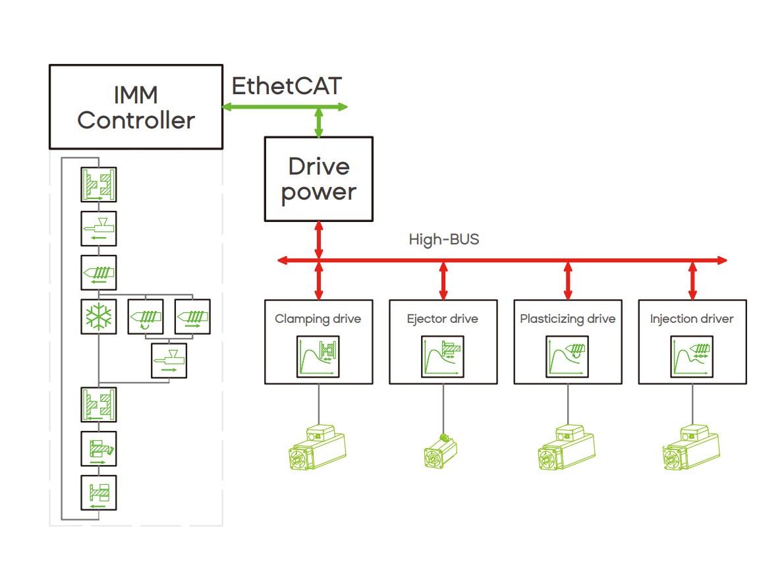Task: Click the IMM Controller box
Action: coord(136,107)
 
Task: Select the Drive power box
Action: coord(318,179)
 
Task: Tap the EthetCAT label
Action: coord(287,86)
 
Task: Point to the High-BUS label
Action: coord(444,239)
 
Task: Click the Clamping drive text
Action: coord(318,319)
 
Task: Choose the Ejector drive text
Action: coord(443,319)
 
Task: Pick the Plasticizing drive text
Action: coord(567,319)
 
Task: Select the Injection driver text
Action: coord(692,319)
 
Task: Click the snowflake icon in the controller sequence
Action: coord(98,317)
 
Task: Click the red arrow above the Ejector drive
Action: coord(443,280)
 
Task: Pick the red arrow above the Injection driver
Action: coord(692,280)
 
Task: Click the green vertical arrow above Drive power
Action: coord(319,123)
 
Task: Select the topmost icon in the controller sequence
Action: coord(98,184)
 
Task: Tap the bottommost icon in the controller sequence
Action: coord(98,492)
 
